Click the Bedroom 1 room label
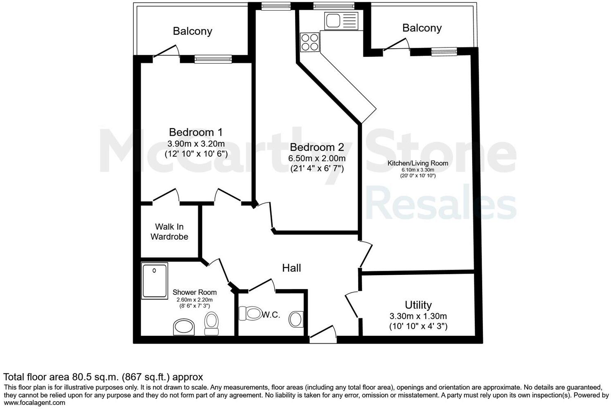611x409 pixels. [x=196, y=132]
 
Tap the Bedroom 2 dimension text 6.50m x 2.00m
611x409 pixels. [x=317, y=158]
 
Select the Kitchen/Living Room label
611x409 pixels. [x=418, y=163]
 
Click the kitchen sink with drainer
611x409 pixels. [x=341, y=21]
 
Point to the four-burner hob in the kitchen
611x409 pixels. [x=310, y=42]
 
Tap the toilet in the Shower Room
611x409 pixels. [x=212, y=324]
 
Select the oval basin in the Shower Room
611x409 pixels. [x=185, y=327]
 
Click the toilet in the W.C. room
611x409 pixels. [x=250, y=314]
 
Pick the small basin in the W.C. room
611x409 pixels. [x=295, y=319]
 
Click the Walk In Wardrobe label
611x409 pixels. [x=169, y=231]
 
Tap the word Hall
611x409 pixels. [x=291, y=268]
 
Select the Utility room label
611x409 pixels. [x=418, y=305]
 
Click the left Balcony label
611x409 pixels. [x=192, y=31]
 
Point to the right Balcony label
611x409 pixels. [x=422, y=28]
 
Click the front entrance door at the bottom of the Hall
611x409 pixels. [x=323, y=335]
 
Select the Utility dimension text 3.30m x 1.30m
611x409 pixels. [x=418, y=316]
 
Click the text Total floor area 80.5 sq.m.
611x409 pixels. [x=61, y=377]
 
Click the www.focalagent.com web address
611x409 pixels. [x=34, y=403]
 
